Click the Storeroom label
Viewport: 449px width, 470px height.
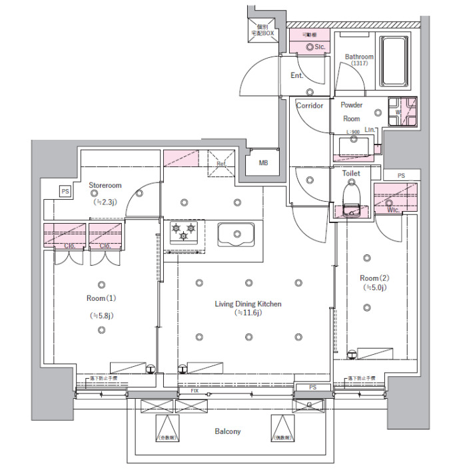pos(105,185)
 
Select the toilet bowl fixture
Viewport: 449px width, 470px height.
pos(350,198)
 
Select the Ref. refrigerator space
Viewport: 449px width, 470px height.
pos(221,163)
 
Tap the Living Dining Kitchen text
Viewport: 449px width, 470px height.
pos(248,304)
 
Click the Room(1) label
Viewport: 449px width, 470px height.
pos(101,298)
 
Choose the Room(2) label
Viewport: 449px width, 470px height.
pos(374,278)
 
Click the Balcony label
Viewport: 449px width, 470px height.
pos(228,431)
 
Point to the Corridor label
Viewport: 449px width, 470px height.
pos(310,106)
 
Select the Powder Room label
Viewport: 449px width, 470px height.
pos(351,111)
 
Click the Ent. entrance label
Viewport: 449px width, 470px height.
pos(297,75)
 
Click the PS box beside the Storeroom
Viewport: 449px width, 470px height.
pos(65,191)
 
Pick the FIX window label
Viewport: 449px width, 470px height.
pos(195,391)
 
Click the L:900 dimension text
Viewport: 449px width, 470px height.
pos(353,132)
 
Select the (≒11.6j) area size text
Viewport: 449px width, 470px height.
pos(248,313)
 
